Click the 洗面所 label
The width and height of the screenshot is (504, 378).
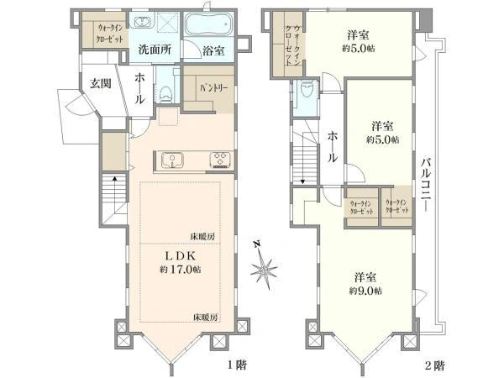pyautogui.click(x=155, y=50)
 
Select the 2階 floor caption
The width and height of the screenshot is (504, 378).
pyautogui.click(x=435, y=366)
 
